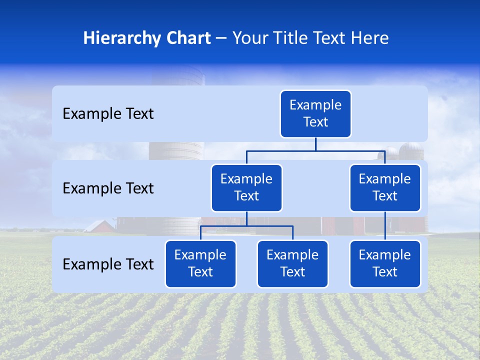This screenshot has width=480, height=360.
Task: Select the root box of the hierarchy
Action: click(x=315, y=114)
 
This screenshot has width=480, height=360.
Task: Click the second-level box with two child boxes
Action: click(x=246, y=188)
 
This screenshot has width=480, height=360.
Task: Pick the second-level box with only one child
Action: click(x=385, y=188)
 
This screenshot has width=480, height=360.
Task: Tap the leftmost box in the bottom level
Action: click(x=200, y=264)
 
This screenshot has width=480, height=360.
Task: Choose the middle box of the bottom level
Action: click(x=292, y=264)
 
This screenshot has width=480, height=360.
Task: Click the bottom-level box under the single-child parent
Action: click(x=385, y=264)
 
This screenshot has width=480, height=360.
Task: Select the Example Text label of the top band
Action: click(x=108, y=114)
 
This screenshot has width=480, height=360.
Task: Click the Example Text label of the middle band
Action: click(x=108, y=188)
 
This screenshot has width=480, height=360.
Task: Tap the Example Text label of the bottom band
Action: click(x=108, y=264)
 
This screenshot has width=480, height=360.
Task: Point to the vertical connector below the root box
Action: click(x=315, y=144)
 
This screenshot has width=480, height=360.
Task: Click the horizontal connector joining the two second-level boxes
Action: click(x=315, y=150)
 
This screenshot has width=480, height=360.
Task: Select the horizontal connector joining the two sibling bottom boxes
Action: click(x=246, y=226)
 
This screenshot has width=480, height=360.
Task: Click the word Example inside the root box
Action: click(x=315, y=105)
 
